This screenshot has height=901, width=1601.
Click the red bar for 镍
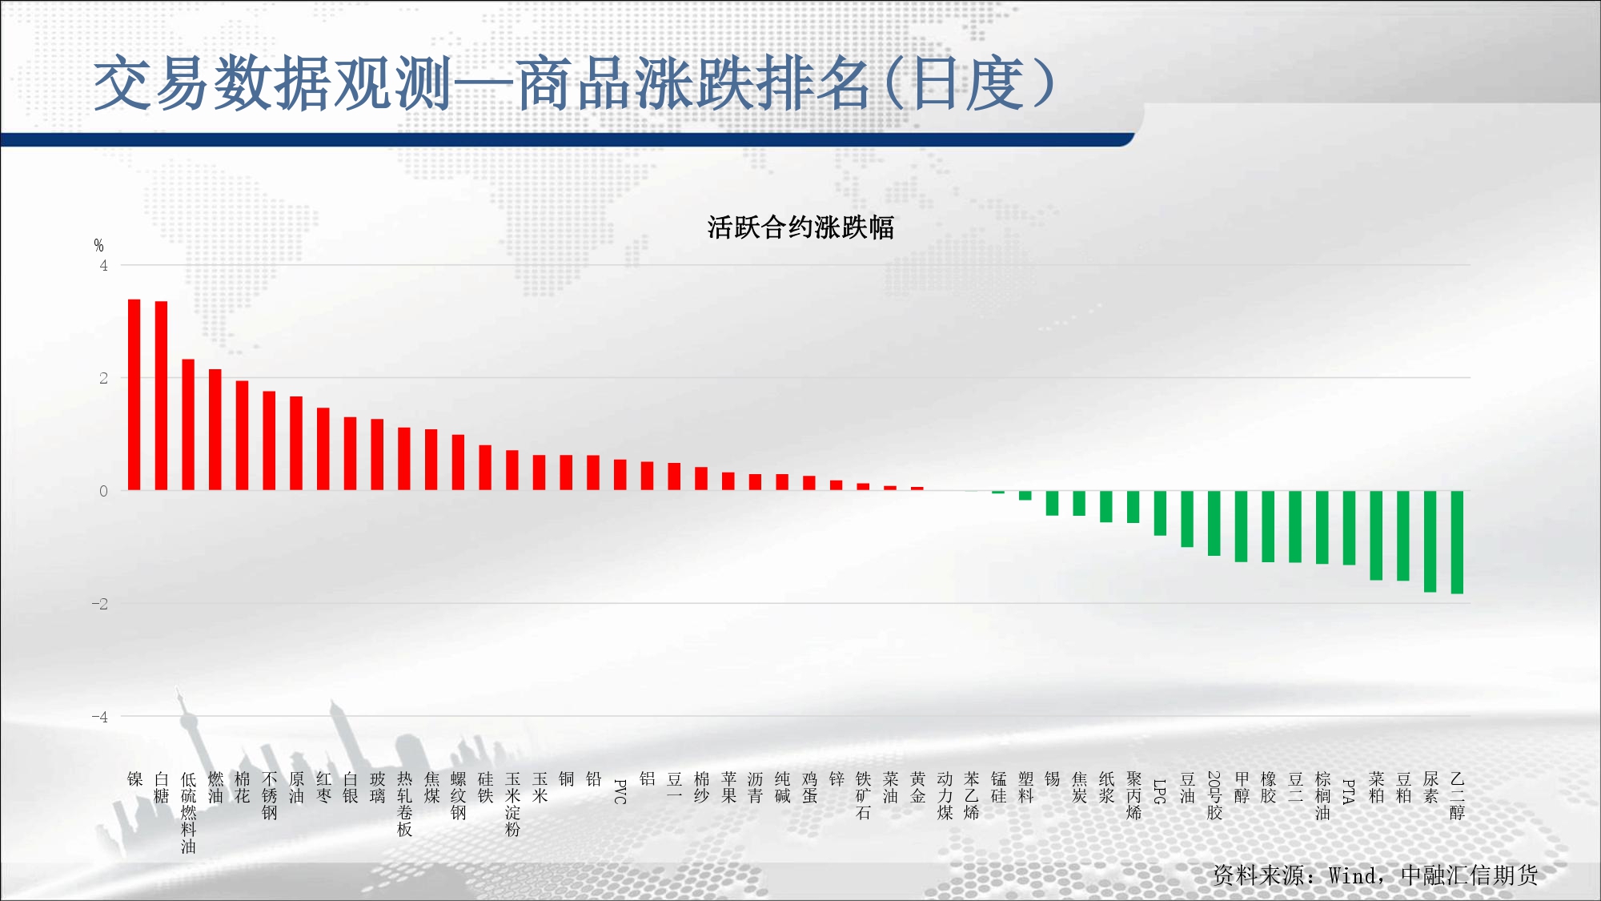tap(134, 395)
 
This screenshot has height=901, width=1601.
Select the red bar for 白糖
tap(161, 396)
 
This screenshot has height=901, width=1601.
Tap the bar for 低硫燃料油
tap(188, 424)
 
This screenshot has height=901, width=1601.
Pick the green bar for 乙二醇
tap(1457, 542)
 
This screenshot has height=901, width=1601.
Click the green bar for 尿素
tap(1430, 541)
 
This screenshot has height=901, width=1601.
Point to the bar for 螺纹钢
tap(458, 462)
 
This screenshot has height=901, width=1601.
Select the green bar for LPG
tap(1160, 513)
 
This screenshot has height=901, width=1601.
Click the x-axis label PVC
tap(620, 790)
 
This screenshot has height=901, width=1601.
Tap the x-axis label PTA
tap(1349, 790)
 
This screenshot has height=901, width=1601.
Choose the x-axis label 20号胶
tap(1214, 795)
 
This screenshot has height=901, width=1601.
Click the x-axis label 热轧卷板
tap(404, 804)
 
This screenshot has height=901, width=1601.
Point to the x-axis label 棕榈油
tap(1322, 795)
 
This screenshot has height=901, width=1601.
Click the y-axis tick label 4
tap(103, 265)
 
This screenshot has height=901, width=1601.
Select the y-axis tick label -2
tap(99, 604)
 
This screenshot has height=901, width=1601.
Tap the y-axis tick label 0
tap(103, 491)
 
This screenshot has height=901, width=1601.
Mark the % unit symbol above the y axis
tap(98, 245)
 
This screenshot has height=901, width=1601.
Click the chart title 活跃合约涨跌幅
tap(800, 227)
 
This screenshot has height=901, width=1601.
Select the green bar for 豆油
tap(1187, 519)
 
